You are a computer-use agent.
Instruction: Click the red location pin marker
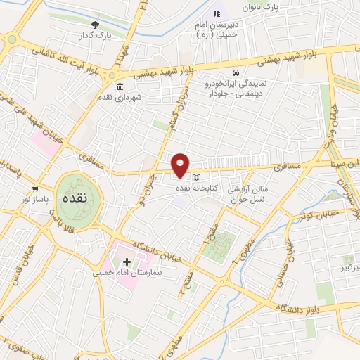point(181,165)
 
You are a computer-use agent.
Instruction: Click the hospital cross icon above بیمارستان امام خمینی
point(127,262)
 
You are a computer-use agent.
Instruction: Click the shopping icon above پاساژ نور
point(35,189)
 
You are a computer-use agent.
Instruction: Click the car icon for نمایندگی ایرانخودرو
point(236,73)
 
